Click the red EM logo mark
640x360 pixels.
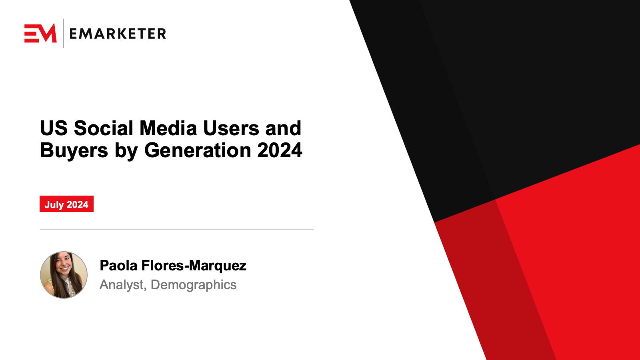pos(40,33)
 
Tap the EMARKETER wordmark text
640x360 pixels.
pos(118,34)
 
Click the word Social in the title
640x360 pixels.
pos(104,128)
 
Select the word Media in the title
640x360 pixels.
pos(168,128)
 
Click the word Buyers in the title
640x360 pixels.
pos(74,151)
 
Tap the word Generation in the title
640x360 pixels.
pos(198,150)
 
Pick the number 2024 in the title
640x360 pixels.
pos(280,150)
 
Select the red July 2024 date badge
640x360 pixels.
pos(66,204)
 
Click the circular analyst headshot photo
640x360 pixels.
pos(64,275)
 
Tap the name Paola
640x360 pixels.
pos(118,266)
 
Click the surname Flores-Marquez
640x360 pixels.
pos(194,266)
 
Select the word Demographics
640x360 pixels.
pos(194,285)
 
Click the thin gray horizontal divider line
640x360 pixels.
pos(177,230)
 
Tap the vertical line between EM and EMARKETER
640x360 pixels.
pos(63,33)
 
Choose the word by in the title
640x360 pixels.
pos(126,151)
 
